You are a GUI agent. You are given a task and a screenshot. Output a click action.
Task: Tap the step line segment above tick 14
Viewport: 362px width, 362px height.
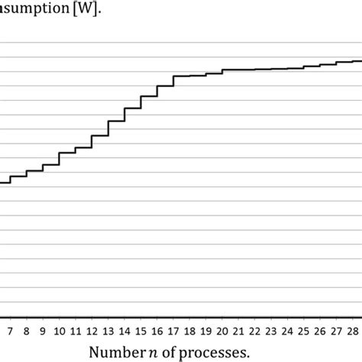click(x=132, y=108)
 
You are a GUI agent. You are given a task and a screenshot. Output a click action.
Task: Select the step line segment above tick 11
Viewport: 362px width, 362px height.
click(x=84, y=147)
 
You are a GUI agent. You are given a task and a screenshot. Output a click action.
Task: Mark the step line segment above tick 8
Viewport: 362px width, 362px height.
click(x=35, y=171)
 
